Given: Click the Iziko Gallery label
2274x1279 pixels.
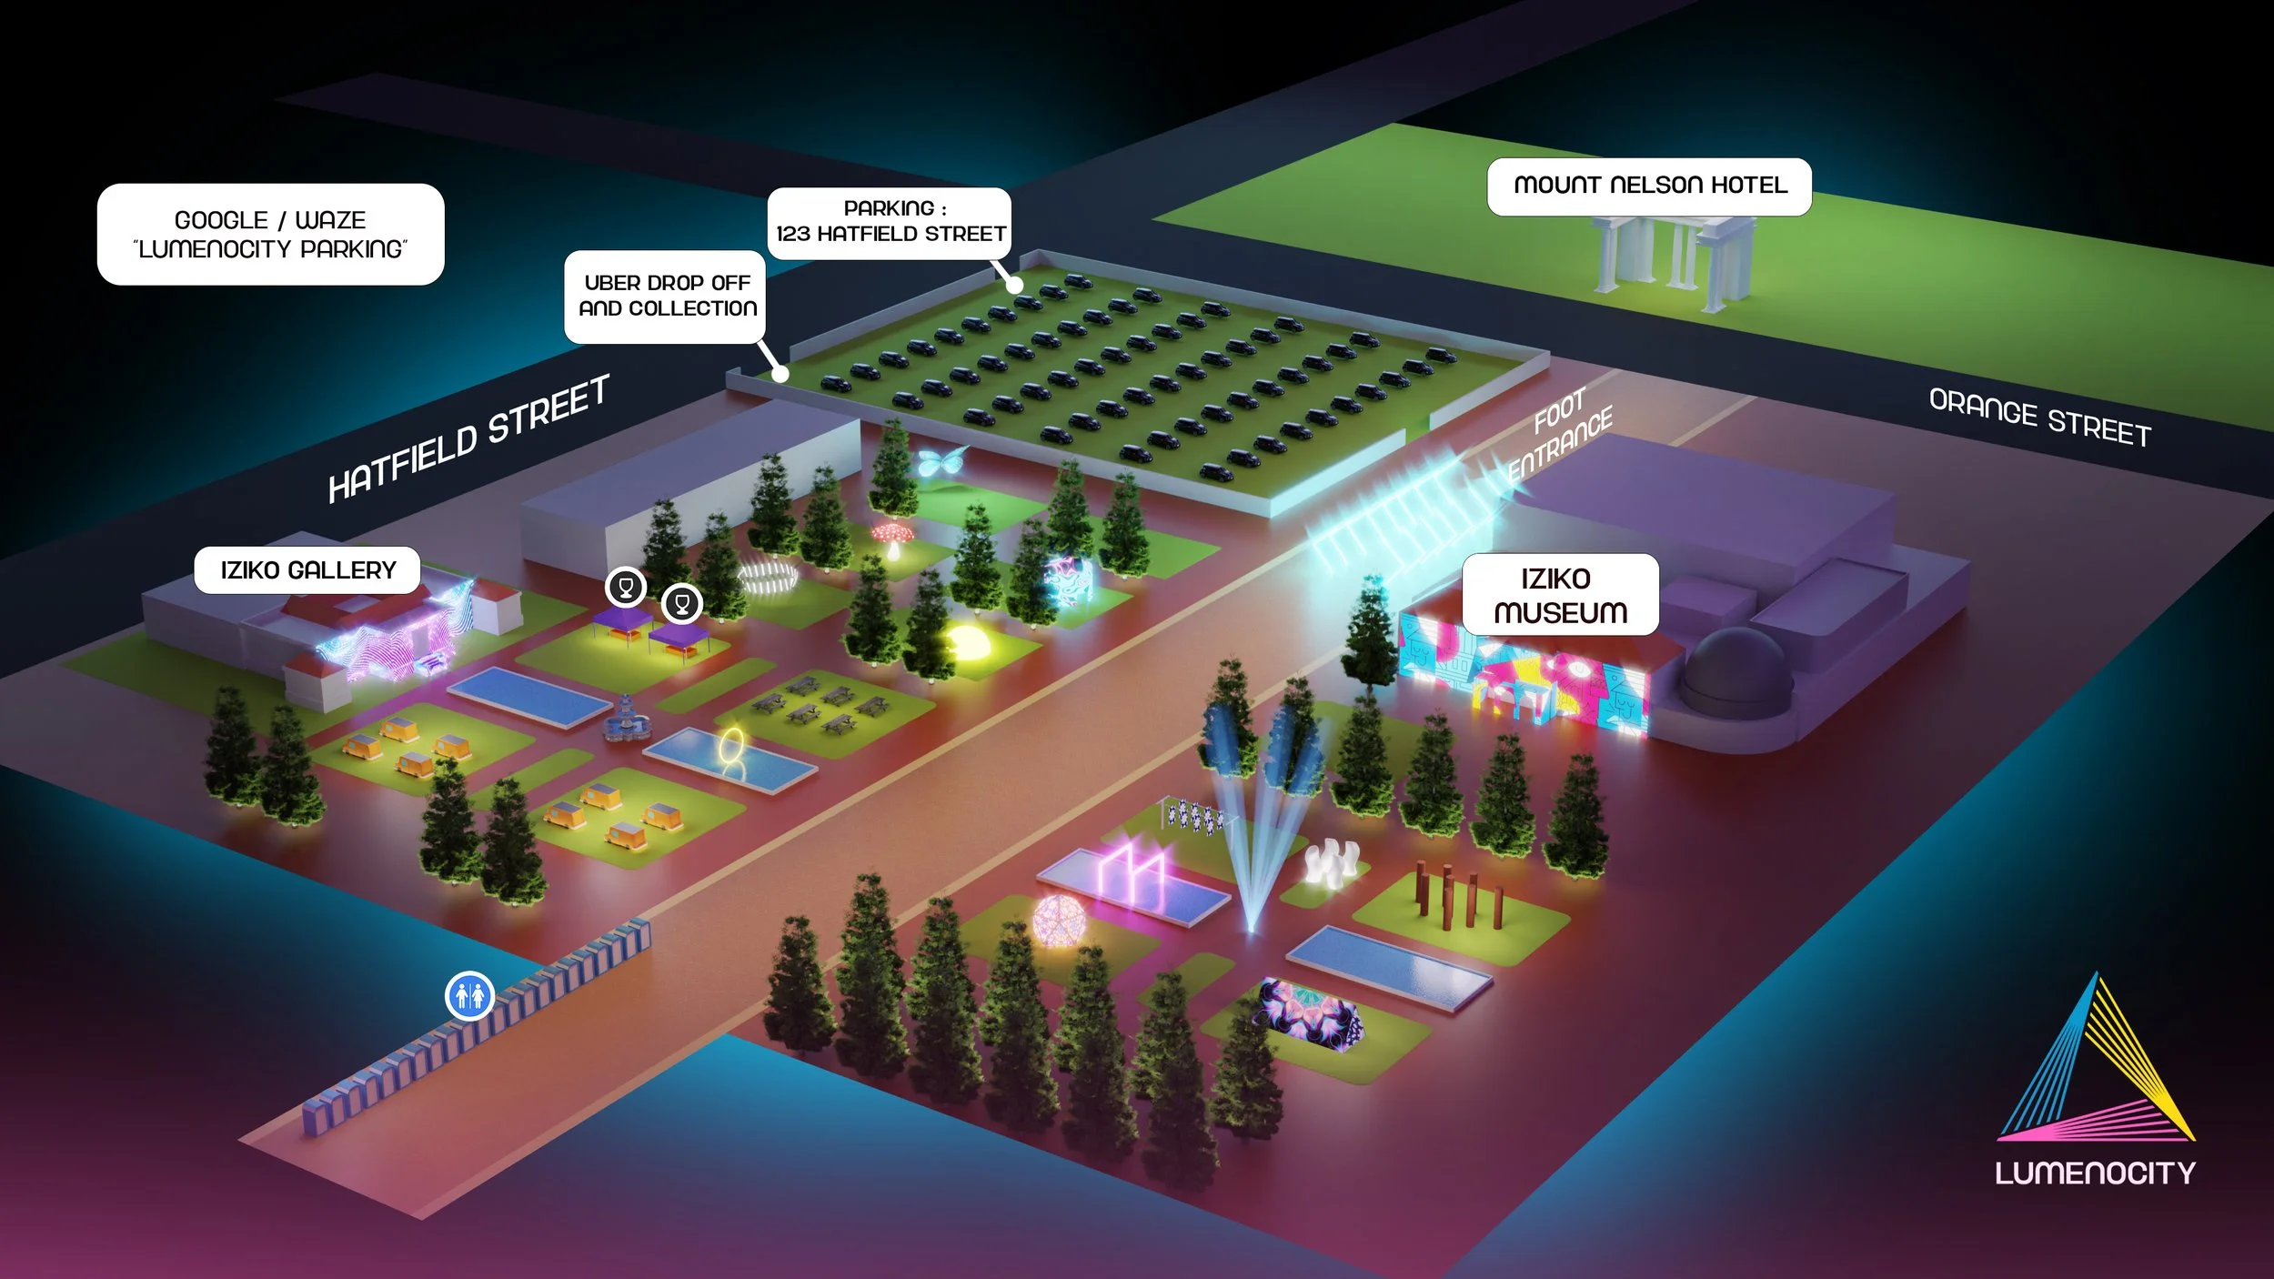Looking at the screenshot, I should [x=307, y=570].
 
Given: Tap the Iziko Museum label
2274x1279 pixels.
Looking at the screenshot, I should [x=1560, y=595].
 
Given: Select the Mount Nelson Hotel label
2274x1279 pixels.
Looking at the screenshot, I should [x=1649, y=186].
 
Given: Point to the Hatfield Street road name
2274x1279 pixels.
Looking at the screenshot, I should [x=468, y=438].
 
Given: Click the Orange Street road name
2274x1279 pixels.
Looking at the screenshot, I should [x=2039, y=418].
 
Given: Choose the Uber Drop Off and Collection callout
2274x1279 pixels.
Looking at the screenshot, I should [x=666, y=297].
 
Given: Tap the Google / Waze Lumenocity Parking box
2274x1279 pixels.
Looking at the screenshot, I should [x=270, y=235].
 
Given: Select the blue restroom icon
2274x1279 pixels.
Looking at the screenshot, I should [x=469, y=995].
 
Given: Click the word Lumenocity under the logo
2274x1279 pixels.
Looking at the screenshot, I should [x=2095, y=1173].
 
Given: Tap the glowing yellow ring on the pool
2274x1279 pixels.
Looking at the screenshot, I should [x=732, y=749].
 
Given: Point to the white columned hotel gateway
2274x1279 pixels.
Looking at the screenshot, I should [x=1674, y=259].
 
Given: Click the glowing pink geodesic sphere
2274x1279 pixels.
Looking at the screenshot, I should [x=1059, y=921].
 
